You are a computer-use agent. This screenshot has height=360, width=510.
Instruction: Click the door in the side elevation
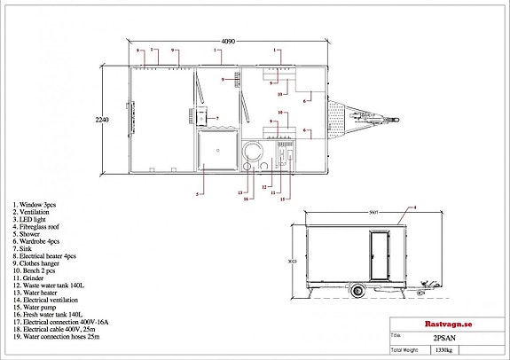point(379,254)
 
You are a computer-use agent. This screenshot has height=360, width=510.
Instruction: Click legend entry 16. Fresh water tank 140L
point(48,314)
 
